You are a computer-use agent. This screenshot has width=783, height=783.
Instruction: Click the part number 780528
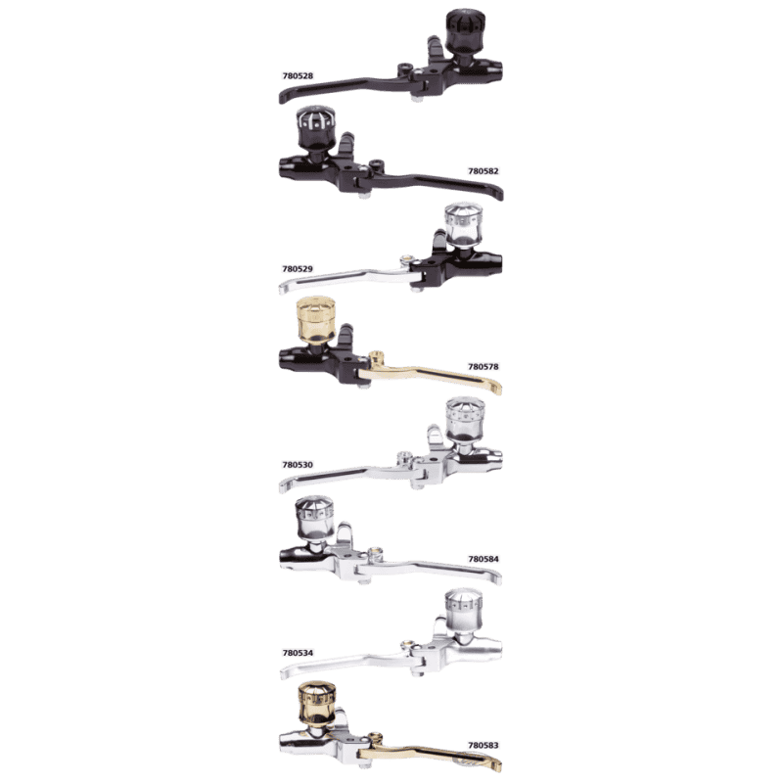pyautogui.click(x=298, y=76)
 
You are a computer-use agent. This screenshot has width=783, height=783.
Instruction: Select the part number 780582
pyautogui.click(x=483, y=171)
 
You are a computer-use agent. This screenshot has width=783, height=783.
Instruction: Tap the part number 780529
pyautogui.click(x=298, y=269)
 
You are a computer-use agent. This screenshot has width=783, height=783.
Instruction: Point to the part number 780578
pyautogui.click(x=483, y=366)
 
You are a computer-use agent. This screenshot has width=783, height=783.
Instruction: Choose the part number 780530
pyautogui.click(x=298, y=465)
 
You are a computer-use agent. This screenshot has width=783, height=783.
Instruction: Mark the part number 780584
pyautogui.click(x=483, y=559)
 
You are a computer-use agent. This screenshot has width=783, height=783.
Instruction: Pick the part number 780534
pyautogui.click(x=298, y=653)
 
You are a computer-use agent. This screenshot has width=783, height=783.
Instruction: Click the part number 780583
pyautogui.click(x=483, y=746)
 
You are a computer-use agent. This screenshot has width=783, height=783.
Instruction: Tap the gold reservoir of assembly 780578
pyautogui.click(x=315, y=320)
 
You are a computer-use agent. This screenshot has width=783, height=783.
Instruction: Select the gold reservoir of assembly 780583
pyautogui.click(x=316, y=704)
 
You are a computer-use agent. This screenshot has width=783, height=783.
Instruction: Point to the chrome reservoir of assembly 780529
pyautogui.click(x=463, y=225)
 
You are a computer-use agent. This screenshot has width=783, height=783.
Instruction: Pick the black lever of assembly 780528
pyautogui.click(x=349, y=85)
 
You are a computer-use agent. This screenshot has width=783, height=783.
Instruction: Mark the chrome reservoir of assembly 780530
pyautogui.click(x=464, y=420)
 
